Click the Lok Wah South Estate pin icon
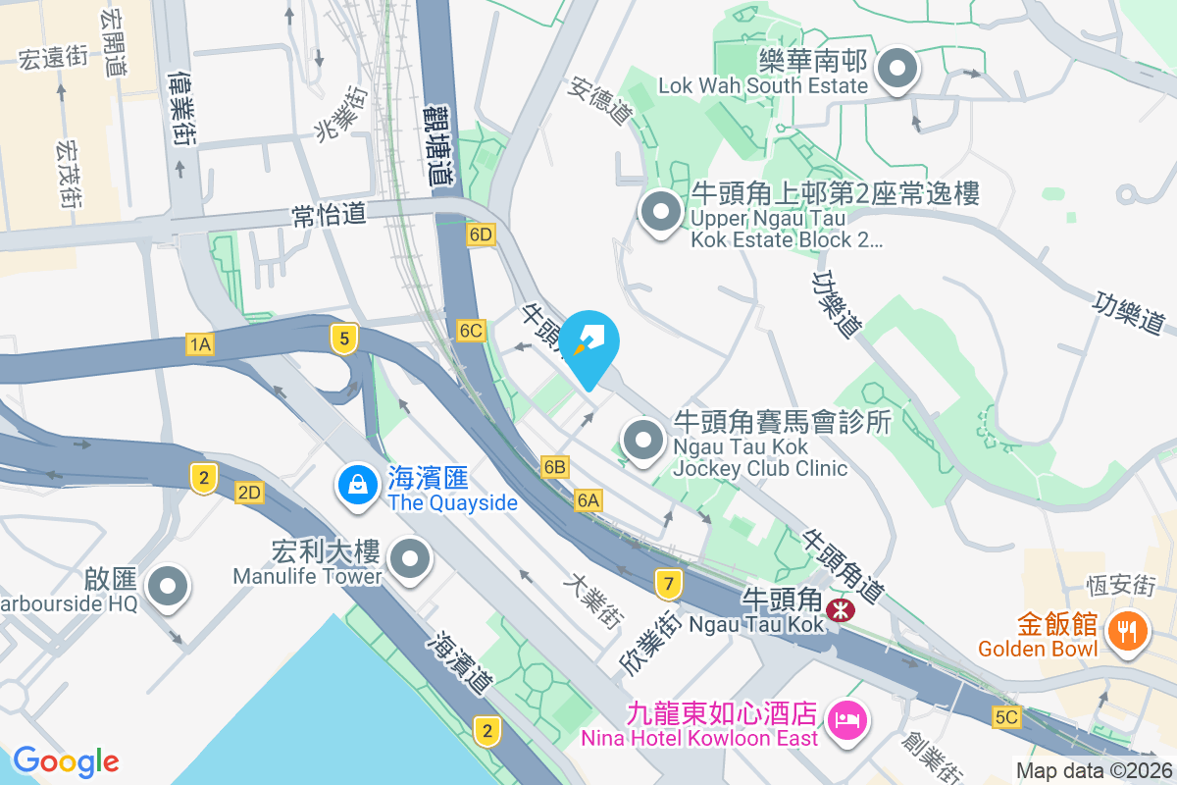pyautogui.click(x=896, y=71)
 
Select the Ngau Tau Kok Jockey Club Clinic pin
pyautogui.click(x=643, y=440)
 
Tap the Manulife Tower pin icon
pyautogui.click(x=410, y=561)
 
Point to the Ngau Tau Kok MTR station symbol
pyautogui.click(x=840, y=610)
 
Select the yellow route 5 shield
pyautogui.click(x=342, y=340)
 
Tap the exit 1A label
pyautogui.click(x=200, y=343)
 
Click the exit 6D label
pyautogui.click(x=481, y=235)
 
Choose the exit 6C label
pyautogui.click(x=472, y=331)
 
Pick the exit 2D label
pyautogui.click(x=249, y=493)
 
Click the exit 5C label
pyautogui.click(x=1005, y=717)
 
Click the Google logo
pyautogui.click(x=66, y=760)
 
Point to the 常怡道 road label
pyautogui.click(x=329, y=215)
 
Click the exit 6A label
pyautogui.click(x=588, y=501)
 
